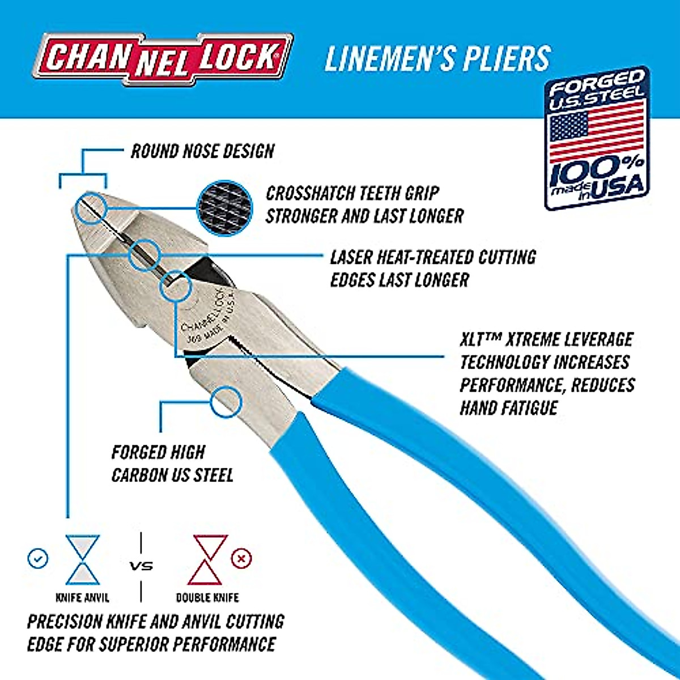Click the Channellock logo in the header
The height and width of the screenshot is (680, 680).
click(x=163, y=58)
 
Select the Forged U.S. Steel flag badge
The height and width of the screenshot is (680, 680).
click(x=597, y=138)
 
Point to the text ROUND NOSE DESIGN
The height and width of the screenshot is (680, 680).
click(x=202, y=151)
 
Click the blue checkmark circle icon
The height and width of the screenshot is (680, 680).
click(x=37, y=559)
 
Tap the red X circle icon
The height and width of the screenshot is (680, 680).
click(x=241, y=559)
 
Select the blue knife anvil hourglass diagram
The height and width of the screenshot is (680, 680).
click(x=83, y=559)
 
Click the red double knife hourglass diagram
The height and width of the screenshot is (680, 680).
click(x=207, y=559)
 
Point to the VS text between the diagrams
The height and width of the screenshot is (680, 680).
click(x=141, y=566)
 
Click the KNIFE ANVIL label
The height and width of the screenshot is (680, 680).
click(x=83, y=597)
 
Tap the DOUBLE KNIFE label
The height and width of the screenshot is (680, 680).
click(x=207, y=597)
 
